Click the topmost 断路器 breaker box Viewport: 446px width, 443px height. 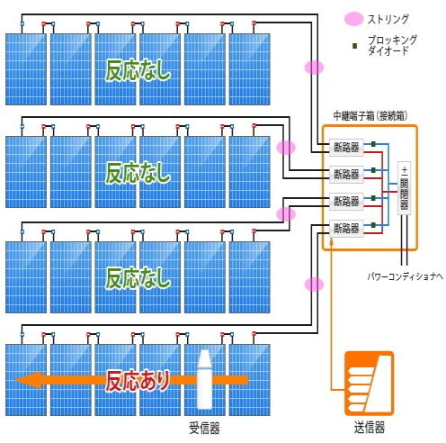(x=346, y=148)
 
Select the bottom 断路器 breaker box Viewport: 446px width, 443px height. (x=346, y=229)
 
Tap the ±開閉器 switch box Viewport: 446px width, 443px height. (x=404, y=188)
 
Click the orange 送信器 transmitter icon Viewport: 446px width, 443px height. (x=369, y=384)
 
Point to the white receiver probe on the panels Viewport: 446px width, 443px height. (x=204, y=379)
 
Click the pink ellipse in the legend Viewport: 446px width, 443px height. (x=353, y=19)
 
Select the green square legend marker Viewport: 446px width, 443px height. (x=355, y=46)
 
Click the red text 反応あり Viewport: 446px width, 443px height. (x=138, y=381)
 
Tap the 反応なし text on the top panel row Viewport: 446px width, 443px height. (x=138, y=70)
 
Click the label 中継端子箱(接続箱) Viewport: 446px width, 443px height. (x=370, y=116)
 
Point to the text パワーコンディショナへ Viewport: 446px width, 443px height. (x=406, y=276)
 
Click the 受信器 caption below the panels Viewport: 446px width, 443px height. (x=204, y=428)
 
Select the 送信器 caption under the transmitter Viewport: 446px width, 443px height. (x=370, y=428)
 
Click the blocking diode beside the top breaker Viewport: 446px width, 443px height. (x=373, y=144)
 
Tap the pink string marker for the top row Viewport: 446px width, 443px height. (x=314, y=68)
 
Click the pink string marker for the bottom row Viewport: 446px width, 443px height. (x=314, y=285)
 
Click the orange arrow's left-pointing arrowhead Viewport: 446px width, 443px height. (x=30, y=380)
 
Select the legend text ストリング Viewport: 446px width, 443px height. (x=388, y=19)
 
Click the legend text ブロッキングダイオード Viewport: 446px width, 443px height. (x=392, y=45)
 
